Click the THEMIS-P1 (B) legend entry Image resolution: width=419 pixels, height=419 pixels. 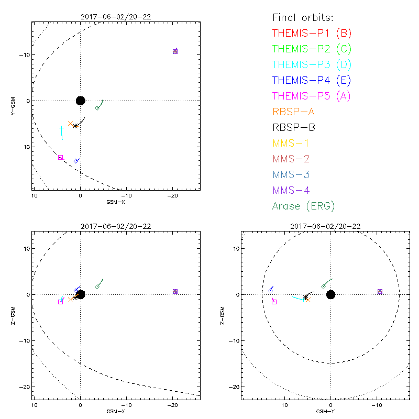pyautogui.click(x=312, y=34)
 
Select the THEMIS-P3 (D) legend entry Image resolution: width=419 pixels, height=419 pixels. pyautogui.click(x=312, y=65)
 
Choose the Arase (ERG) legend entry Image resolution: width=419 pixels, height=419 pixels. pyautogui.click(x=303, y=206)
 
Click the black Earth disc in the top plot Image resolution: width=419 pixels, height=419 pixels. pyautogui.click(x=80, y=101)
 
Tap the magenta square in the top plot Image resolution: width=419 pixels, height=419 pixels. pyautogui.click(x=60, y=158)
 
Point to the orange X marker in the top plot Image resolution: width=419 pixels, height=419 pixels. pyautogui.click(x=70, y=124)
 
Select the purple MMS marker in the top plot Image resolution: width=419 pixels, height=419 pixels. pyautogui.click(x=175, y=51)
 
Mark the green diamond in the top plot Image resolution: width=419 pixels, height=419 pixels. pyautogui.click(x=97, y=108)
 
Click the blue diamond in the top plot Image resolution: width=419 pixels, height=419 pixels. pyautogui.click(x=76, y=161)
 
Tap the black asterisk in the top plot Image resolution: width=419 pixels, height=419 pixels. pyautogui.click(x=75, y=126)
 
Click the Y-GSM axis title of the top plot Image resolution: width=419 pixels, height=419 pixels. pyautogui.click(x=13, y=101)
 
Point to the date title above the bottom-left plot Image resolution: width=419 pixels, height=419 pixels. pyautogui.click(x=116, y=226)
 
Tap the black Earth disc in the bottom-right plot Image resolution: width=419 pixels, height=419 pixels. pyautogui.click(x=330, y=294)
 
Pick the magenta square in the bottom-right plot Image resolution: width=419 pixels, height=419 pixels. pyautogui.click(x=274, y=302)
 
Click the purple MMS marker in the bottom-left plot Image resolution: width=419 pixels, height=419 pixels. pyautogui.click(x=175, y=291)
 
